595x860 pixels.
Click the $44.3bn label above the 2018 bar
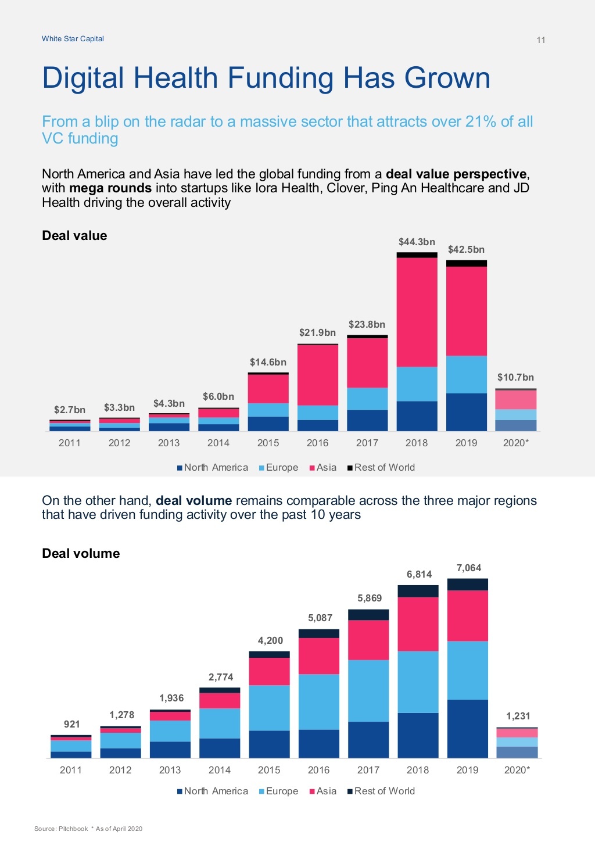(x=417, y=242)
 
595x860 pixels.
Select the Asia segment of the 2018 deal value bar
(x=417, y=311)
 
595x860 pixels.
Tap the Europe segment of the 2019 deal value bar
(x=466, y=374)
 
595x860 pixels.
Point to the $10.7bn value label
(x=515, y=377)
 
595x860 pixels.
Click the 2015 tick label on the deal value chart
(x=268, y=443)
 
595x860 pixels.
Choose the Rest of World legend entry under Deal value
(x=381, y=467)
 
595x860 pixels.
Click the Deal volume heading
(x=81, y=553)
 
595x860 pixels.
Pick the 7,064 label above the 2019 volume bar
(x=468, y=568)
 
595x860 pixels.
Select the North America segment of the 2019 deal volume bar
(x=467, y=729)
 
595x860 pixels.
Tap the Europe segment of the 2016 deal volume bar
(x=318, y=701)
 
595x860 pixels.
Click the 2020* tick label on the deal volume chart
(x=517, y=770)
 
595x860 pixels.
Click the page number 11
(x=540, y=40)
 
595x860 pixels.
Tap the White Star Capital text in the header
(x=73, y=39)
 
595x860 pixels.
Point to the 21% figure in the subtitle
(x=481, y=121)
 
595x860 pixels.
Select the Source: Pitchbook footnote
(x=61, y=829)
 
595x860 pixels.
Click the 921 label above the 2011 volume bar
(x=71, y=724)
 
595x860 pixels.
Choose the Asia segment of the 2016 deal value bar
(x=317, y=375)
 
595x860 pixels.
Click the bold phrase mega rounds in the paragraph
(x=110, y=188)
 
